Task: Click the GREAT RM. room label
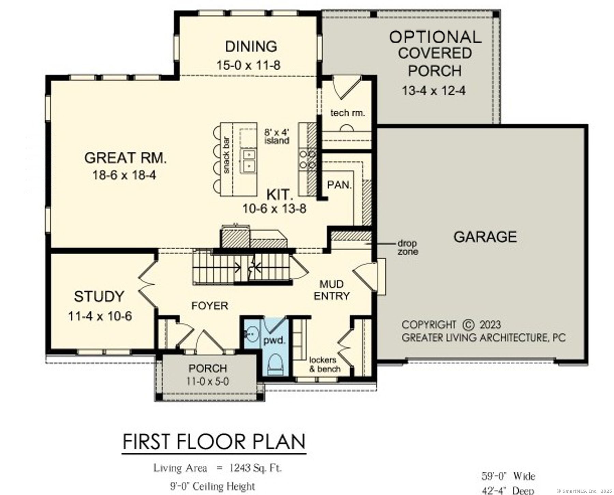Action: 125,158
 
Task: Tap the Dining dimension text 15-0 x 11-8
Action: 248,65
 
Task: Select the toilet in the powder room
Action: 276,364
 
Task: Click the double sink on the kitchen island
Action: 249,160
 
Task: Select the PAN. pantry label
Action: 339,185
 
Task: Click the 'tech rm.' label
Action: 347,113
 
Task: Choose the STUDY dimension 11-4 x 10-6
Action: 100,316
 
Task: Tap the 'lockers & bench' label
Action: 324,364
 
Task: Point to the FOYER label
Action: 209,306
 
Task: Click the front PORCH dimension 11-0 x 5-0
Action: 208,381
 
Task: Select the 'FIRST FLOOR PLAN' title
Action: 214,442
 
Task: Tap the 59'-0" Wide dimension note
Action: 508,476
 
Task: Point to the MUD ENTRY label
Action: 332,290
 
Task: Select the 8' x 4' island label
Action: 277,136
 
